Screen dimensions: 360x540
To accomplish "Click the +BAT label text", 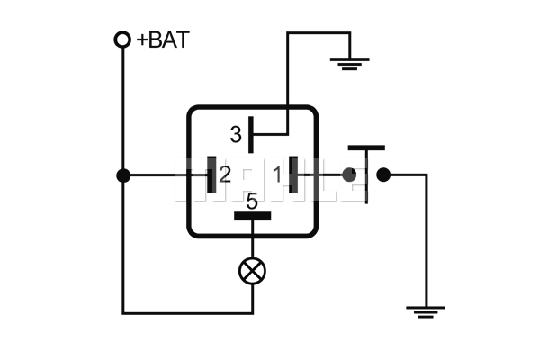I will [164, 40].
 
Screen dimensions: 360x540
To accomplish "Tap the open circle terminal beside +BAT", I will [122, 40].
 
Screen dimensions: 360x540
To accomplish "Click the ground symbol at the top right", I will [347, 63].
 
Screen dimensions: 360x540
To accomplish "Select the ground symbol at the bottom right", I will [425, 312].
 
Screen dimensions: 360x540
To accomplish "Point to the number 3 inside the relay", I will [236, 136].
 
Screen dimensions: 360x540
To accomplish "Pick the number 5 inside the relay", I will [252, 202].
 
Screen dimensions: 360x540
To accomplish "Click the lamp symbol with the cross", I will [252, 270].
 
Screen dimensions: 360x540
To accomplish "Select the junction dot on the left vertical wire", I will [123, 175].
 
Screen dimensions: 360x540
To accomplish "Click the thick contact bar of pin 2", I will [211, 175].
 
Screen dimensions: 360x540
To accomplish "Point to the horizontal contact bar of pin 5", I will [252, 216].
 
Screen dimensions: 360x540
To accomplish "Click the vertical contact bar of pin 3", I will [252, 136].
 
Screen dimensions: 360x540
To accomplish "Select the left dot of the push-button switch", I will [349, 175].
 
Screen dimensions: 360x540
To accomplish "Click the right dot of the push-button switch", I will [383, 175].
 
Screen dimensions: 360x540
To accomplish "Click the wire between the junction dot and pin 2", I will [166, 175].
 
